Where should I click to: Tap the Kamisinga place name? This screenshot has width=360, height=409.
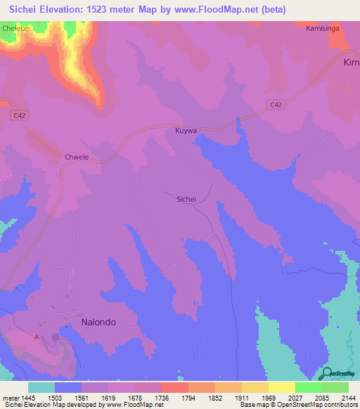coord(322,29)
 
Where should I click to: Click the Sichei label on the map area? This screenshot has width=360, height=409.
coord(186,199)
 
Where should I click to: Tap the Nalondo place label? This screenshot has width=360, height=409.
coord(94,322)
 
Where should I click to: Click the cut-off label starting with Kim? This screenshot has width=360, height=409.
coord(350,63)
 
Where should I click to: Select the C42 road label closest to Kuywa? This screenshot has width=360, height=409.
coord(276,105)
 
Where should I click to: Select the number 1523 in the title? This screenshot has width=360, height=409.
coord(100,9)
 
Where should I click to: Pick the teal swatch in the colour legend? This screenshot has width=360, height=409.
coord(41,387)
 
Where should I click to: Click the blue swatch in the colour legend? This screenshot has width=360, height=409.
coord(68,387)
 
